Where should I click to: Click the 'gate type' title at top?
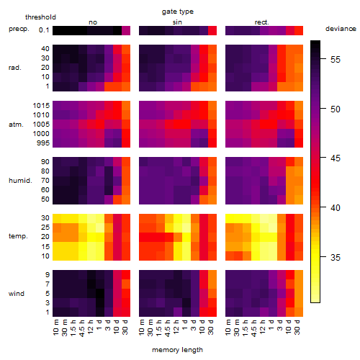pyautogui.click(x=178, y=12)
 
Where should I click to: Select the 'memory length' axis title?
pyautogui.click(x=177, y=350)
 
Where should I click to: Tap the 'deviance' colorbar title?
pyautogui.click(x=341, y=29)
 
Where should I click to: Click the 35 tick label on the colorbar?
pyautogui.click(x=335, y=258)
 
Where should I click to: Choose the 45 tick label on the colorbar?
pyautogui.click(x=335, y=158)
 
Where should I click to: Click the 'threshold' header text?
pyautogui.click(x=40, y=17)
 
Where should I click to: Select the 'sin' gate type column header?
pyautogui.click(x=177, y=22)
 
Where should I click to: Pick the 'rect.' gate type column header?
pyautogui.click(x=261, y=22)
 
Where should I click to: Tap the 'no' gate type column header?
pyautogui.click(x=93, y=22)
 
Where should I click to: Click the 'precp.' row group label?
pyautogui.click(x=19, y=29)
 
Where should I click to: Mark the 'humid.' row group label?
pyautogui.click(x=20, y=181)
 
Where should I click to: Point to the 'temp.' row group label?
pyautogui.click(x=18, y=236)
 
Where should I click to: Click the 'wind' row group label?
pyautogui.click(x=17, y=294)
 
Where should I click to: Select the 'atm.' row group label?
pyautogui.click(x=16, y=125)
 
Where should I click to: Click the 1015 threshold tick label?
pyautogui.click(x=41, y=106)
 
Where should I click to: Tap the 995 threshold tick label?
pyautogui.click(x=43, y=143)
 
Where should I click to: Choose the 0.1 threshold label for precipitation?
pyautogui.click(x=44, y=30)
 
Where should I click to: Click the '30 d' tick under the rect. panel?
pyautogui.click(x=297, y=328)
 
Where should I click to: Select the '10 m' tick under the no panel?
pyautogui.click(x=55, y=328)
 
